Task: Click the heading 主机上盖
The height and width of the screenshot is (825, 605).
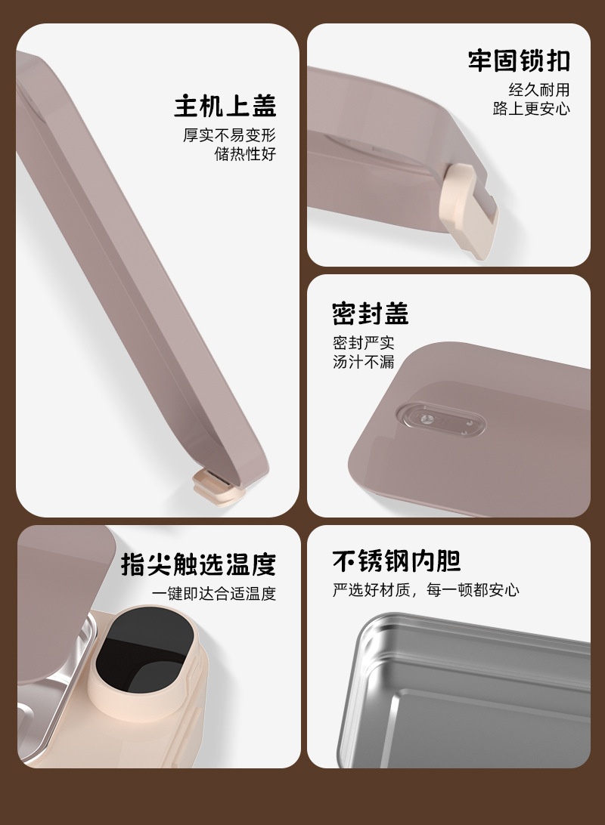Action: [225, 106]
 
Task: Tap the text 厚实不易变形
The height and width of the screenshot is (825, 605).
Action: [230, 135]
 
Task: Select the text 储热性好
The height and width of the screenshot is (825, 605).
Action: [245, 154]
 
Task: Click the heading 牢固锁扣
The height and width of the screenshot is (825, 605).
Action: [520, 60]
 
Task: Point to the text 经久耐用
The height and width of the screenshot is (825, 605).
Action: [539, 89]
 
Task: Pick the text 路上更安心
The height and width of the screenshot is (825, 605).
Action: [532, 108]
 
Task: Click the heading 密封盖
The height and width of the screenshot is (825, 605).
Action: [370, 314]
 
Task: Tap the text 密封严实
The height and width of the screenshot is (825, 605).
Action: [363, 343]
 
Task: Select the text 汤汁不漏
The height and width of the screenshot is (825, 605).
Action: [363, 362]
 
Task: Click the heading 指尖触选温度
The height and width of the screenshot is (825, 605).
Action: [198, 564]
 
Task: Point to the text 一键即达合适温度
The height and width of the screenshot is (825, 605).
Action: [214, 594]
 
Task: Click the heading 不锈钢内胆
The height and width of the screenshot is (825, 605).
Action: [397, 561]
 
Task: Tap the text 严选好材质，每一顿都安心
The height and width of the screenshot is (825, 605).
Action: [426, 590]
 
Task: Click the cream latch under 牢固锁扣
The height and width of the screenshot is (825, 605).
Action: [468, 211]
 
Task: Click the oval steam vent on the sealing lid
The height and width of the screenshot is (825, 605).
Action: [440, 420]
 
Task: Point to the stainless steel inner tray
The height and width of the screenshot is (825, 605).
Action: [464, 690]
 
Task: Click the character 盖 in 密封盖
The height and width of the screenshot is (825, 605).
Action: [396, 314]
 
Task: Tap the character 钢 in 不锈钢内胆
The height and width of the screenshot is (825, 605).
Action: [397, 561]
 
